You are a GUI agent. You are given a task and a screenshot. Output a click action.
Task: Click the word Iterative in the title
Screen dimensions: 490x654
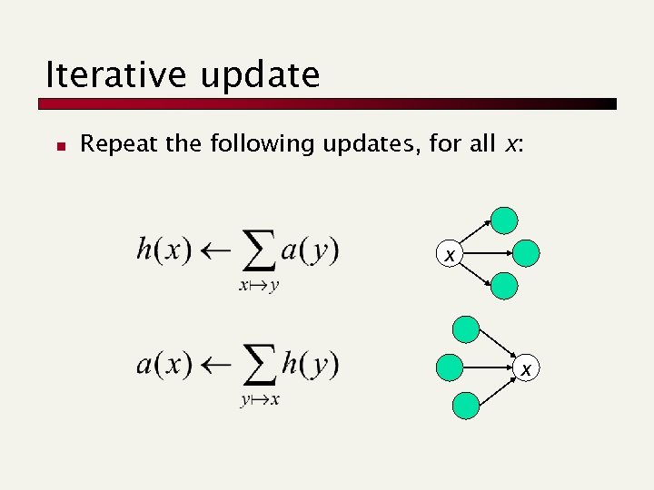pyautogui.click(x=100, y=74)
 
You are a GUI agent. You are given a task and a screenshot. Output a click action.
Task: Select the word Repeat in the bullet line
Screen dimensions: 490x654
pyautogui.click(x=114, y=144)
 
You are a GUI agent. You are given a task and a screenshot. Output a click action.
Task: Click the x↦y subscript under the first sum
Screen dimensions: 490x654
pyautogui.click(x=259, y=286)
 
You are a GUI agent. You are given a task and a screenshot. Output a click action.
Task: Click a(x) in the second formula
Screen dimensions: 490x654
pyautogui.click(x=163, y=365)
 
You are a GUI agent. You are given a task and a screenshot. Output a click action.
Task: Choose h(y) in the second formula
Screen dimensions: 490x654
pyautogui.click(x=310, y=365)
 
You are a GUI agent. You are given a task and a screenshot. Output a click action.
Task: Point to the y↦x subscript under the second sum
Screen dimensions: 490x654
pyautogui.click(x=260, y=400)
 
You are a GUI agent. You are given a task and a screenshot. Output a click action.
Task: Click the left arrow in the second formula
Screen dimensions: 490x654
pyautogui.click(x=216, y=366)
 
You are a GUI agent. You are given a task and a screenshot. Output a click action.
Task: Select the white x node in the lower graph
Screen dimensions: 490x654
pyautogui.click(x=524, y=367)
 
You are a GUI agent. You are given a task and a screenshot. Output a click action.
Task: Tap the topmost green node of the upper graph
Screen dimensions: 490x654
pyautogui.click(x=504, y=220)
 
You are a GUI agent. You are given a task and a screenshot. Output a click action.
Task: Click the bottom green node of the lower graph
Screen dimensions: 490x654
pyautogui.click(x=465, y=405)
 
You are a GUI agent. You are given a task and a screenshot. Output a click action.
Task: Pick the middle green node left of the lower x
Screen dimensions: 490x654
pyautogui.click(x=449, y=367)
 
